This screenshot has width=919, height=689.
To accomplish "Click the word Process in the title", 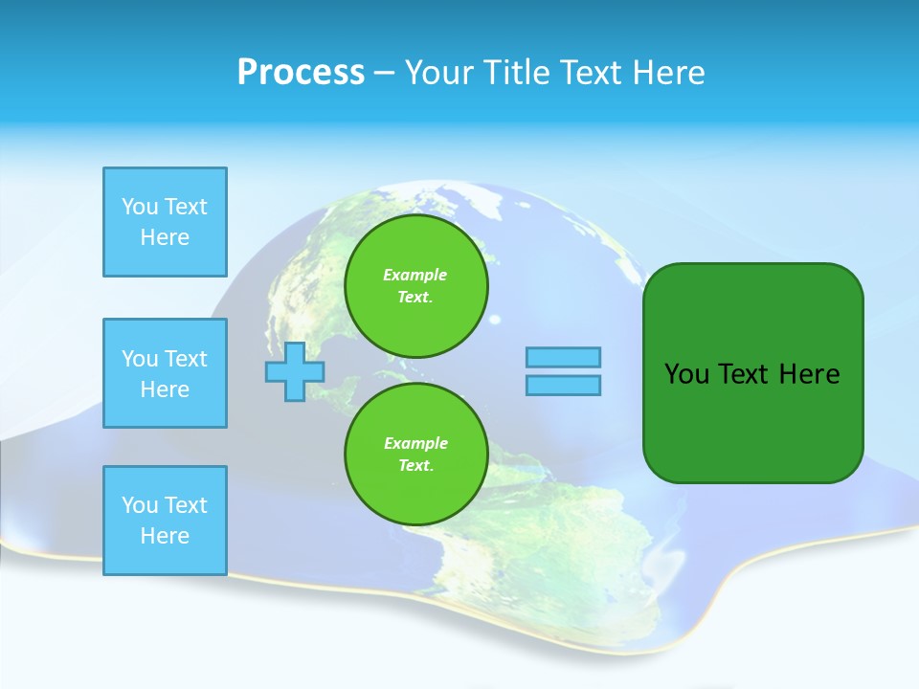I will tap(301, 73).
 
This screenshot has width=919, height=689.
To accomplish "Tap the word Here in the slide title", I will tap(667, 73).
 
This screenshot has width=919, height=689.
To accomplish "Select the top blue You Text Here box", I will tap(165, 222).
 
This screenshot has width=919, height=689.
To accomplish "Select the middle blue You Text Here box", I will tap(165, 373).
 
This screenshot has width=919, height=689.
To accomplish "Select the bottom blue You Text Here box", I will tap(165, 521).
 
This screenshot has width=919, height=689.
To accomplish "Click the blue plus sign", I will tap(295, 371).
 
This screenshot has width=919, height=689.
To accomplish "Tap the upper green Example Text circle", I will tap(415, 285).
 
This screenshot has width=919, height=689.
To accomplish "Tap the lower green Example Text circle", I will tap(415, 454).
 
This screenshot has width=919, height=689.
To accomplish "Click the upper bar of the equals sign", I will tap(563, 357).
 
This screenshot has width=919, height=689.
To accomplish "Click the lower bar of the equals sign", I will tap(563, 385).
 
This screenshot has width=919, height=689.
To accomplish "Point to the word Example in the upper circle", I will tap(415, 275).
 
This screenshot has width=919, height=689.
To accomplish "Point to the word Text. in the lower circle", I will tap(415, 465).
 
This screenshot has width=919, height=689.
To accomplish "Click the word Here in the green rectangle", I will tap(809, 374).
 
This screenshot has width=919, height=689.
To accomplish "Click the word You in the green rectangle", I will tap(685, 374).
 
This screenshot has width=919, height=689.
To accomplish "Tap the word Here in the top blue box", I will tap(165, 237).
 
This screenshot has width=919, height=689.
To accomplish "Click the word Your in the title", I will tap(437, 73).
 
